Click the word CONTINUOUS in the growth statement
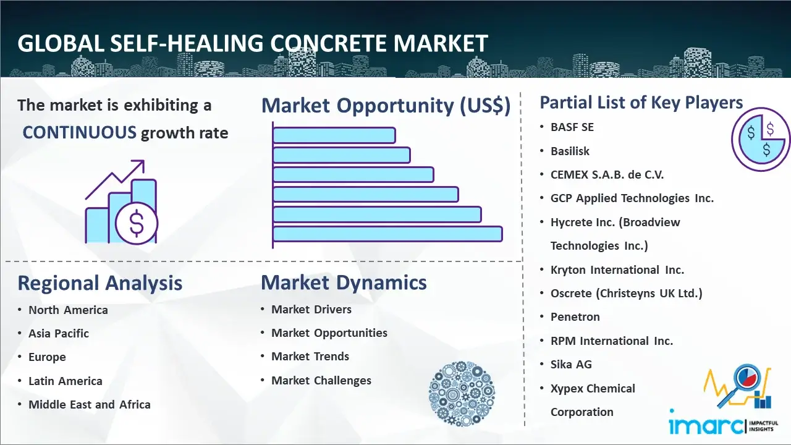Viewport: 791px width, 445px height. coord(80,133)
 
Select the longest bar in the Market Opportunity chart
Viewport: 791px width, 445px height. coord(387,234)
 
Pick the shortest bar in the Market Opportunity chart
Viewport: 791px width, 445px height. coord(334,135)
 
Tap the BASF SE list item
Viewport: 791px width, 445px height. coord(572,127)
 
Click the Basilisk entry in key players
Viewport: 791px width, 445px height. coord(570,151)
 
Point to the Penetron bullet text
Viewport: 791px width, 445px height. coord(575,317)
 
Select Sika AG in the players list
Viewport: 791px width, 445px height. coord(571,364)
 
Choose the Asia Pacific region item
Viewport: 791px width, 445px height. coord(59,333)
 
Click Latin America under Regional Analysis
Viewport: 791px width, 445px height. coord(66,381)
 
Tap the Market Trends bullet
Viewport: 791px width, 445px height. coord(310,357)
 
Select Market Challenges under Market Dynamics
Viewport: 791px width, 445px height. coord(321,380)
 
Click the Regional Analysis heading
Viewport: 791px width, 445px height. coord(100,283)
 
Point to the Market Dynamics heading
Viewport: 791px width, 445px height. coord(344,282)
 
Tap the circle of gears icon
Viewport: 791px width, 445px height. coord(462,394)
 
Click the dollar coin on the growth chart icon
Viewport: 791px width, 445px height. coord(137,224)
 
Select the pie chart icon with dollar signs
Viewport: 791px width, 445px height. coord(761,140)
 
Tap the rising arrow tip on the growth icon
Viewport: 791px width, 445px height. coord(144,161)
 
